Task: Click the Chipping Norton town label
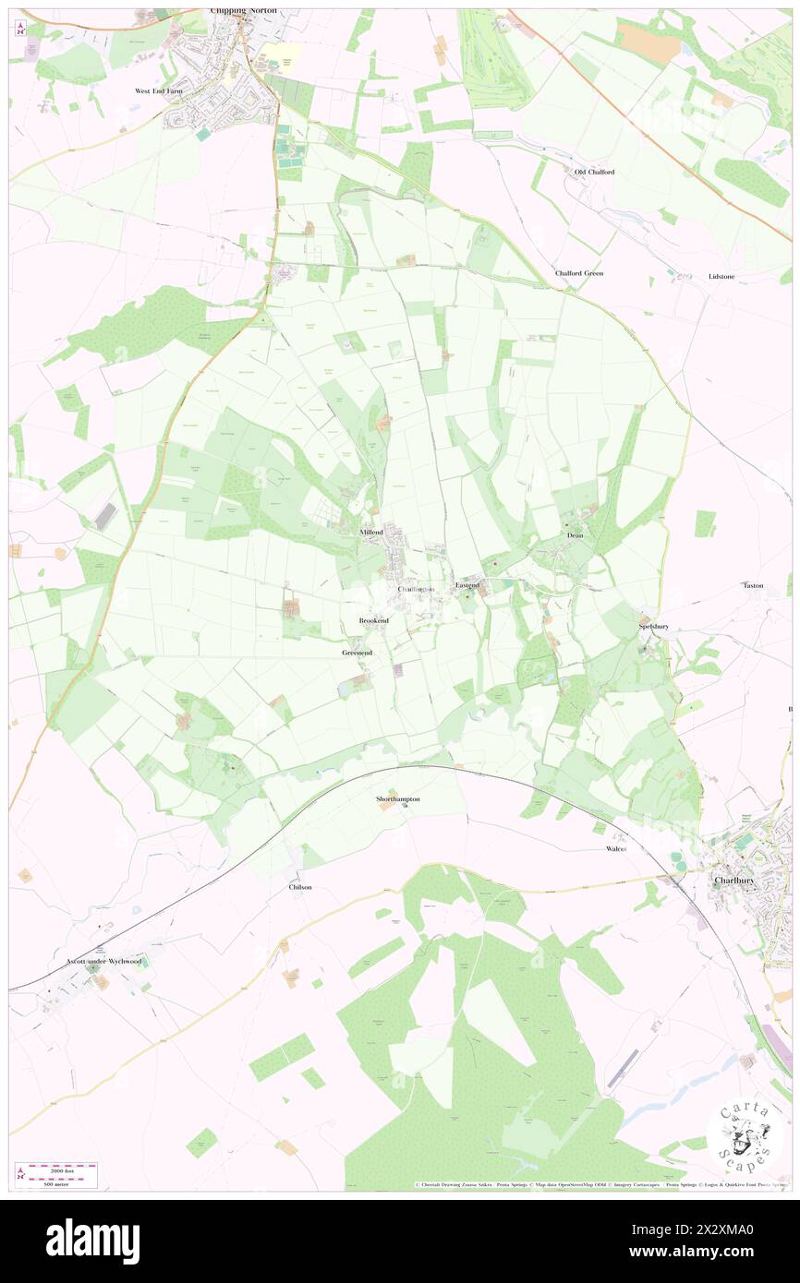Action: tap(243, 11)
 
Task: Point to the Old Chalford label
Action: tap(594, 172)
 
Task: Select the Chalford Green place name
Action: tap(579, 273)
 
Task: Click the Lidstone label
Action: tap(721, 276)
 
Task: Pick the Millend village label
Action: tap(372, 533)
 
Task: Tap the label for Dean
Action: tap(575, 535)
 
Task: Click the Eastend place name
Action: tap(467, 585)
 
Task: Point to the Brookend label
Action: tap(373, 621)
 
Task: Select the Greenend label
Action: tap(357, 653)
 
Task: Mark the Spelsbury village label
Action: tap(652, 626)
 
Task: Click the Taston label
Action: tap(753, 585)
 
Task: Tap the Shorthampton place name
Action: tap(398, 798)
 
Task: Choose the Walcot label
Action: tap(616, 847)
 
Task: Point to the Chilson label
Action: tap(300, 887)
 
